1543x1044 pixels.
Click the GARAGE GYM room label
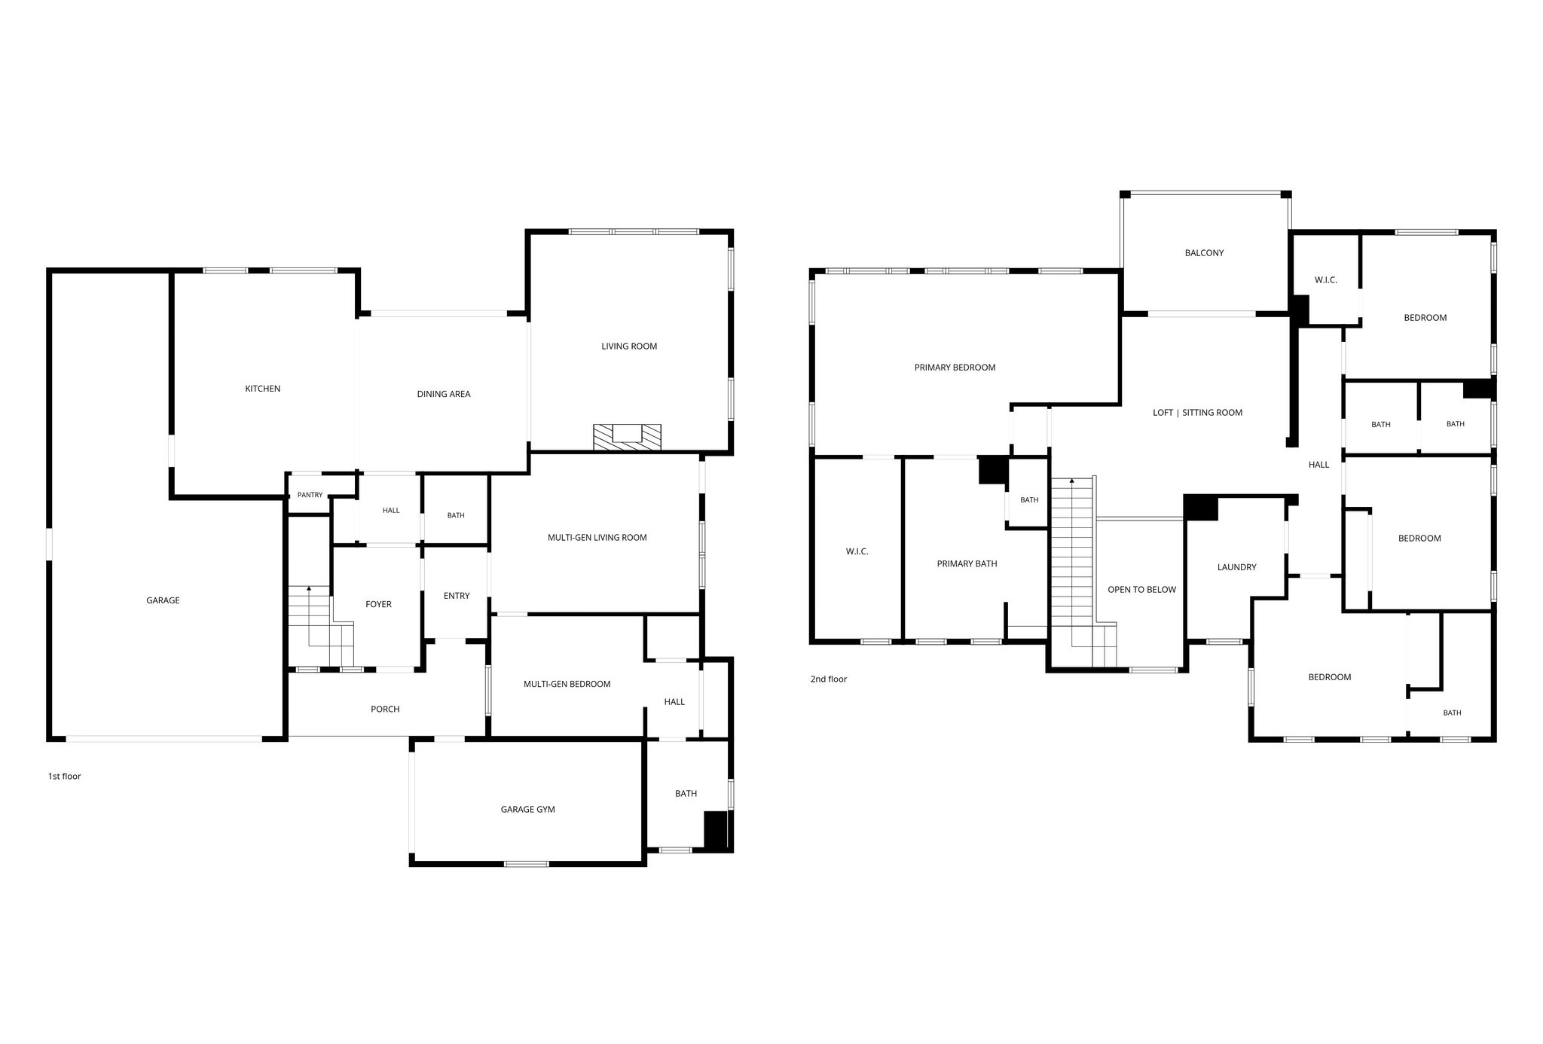527,810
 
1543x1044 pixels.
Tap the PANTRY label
310,495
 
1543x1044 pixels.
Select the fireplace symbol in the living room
627,437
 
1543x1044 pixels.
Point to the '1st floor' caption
64,777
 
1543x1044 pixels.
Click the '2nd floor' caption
829,679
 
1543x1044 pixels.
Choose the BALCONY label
1204,253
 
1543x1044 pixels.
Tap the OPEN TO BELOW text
1141,590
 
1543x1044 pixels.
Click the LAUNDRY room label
1236,567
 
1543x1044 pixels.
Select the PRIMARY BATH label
967,563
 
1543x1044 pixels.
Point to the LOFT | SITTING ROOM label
1197,413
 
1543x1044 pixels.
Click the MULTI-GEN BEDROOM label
567,684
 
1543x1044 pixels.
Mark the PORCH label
385,709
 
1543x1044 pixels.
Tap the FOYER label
378,604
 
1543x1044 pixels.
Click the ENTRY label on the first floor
457,596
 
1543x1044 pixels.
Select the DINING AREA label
444,394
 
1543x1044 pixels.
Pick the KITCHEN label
262,389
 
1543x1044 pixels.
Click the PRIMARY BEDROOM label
955,368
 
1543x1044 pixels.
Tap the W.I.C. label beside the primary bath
857,551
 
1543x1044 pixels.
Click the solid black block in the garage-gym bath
716,830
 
